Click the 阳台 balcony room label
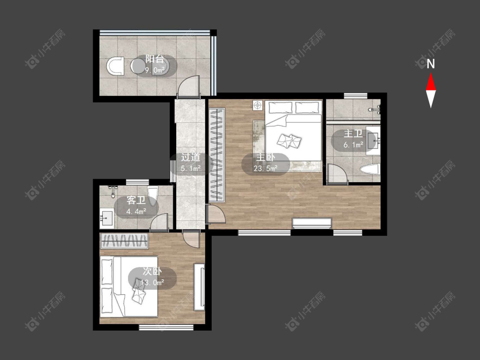point(155,59)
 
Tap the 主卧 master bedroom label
point(265,157)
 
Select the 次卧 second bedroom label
point(152,271)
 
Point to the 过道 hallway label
point(190,157)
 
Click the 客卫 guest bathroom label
point(136,200)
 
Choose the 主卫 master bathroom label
point(353,134)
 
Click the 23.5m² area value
point(265,168)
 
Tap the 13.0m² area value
point(152,282)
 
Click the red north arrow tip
point(431,73)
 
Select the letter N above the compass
point(431,64)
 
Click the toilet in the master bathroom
point(370,169)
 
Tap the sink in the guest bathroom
point(107,218)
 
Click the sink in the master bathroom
point(373,140)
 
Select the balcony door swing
point(189,86)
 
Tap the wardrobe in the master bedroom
point(217,155)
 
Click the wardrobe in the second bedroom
point(124,241)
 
